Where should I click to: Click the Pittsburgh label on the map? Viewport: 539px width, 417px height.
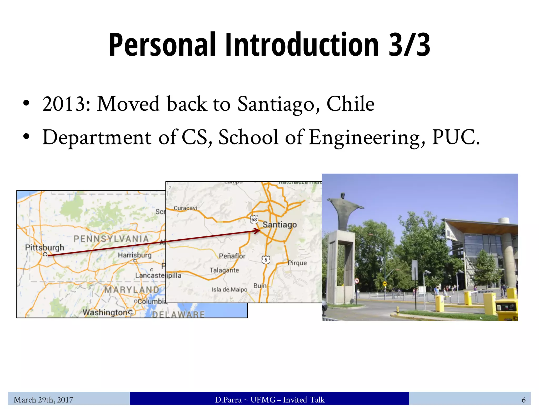44,247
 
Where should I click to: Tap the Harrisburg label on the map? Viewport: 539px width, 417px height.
134,255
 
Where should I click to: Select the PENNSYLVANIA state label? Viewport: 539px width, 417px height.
111,239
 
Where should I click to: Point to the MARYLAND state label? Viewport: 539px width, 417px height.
132,290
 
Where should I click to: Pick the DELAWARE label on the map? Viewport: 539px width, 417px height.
178,314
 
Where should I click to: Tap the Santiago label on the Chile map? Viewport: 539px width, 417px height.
280,225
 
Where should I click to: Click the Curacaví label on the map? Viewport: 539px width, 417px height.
185,208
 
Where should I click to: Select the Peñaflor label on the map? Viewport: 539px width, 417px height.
232,256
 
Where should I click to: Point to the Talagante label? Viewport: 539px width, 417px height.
224,270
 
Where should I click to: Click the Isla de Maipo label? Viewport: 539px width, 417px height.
229,289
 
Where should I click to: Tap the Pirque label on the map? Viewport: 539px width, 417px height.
297,263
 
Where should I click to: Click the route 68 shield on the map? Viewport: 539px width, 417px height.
254,219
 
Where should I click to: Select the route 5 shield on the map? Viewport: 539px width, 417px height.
266,260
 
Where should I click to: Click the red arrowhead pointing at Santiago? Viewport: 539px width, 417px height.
257,231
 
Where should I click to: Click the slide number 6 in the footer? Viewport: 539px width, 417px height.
523,400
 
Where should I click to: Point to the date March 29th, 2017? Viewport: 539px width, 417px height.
43,400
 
